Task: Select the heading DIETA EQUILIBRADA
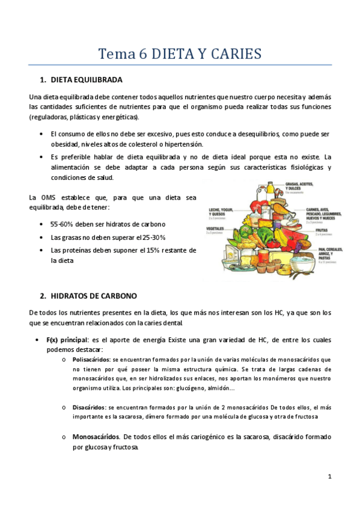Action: click(x=87, y=79)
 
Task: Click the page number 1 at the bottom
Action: click(x=330, y=477)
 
